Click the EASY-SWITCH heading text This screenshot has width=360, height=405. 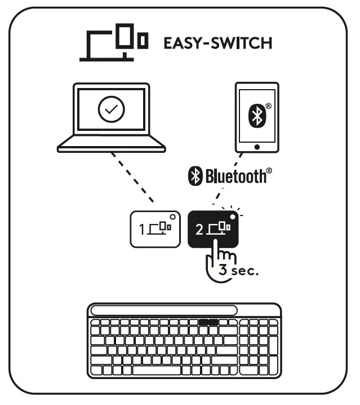217,43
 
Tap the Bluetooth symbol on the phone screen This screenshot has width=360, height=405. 257,115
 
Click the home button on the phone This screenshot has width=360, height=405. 257,147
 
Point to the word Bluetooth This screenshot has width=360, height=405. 237,177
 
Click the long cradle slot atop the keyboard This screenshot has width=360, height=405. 164,311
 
